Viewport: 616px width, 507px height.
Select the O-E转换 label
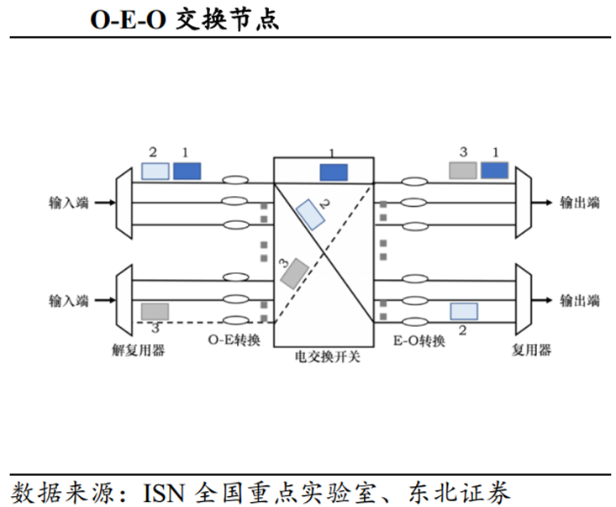[234, 341]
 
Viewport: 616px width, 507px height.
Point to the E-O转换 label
[419, 341]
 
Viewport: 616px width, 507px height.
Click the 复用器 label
[531, 350]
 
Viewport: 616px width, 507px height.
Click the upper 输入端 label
[68, 203]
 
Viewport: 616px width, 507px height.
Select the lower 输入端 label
[68, 300]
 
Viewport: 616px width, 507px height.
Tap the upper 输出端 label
[580, 203]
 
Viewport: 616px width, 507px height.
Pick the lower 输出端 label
[580, 300]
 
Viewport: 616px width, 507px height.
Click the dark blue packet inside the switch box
[334, 172]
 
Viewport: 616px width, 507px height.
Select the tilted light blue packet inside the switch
[311, 214]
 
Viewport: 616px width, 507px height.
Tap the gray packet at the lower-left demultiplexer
[155, 310]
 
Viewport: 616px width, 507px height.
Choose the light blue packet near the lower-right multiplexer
[464, 311]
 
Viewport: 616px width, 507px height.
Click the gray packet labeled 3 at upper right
[463, 170]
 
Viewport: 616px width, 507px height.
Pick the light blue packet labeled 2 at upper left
[155, 171]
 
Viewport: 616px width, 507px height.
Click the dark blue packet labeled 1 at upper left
[187, 171]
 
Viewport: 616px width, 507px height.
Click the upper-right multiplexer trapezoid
[524, 203]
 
